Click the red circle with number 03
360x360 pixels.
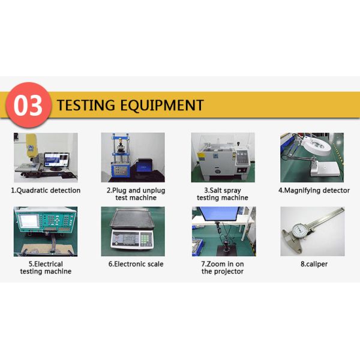[28, 105]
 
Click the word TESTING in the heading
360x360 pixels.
[86, 105]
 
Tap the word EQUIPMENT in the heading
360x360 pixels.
[162, 106]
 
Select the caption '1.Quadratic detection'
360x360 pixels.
[46, 190]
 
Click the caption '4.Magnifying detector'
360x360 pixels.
[314, 190]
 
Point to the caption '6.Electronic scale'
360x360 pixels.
[136, 264]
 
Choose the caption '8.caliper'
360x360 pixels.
[314, 264]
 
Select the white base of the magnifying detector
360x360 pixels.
[325, 168]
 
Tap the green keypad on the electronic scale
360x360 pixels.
[145, 239]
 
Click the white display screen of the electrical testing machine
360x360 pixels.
[29, 221]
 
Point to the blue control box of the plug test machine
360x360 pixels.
[120, 170]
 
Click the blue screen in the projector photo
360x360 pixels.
[219, 214]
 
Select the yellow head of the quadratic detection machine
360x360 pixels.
[32, 145]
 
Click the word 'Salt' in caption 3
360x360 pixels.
[216, 190]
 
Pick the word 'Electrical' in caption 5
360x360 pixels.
[49, 264]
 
